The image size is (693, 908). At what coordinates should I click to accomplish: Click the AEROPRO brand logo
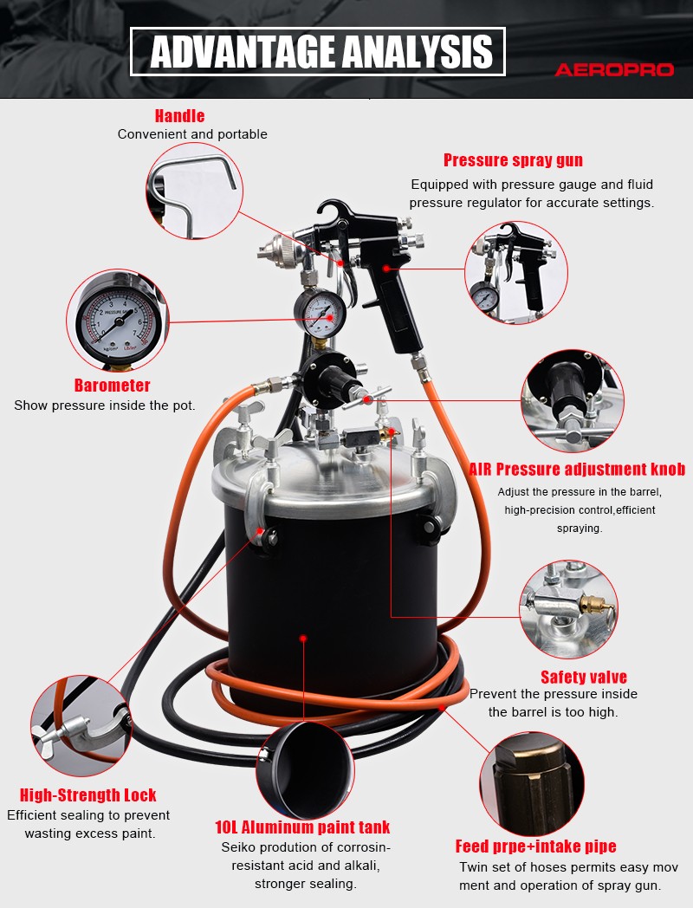(614, 70)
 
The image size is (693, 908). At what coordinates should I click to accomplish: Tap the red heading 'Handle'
(179, 116)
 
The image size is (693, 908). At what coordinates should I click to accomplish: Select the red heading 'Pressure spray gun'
(513, 160)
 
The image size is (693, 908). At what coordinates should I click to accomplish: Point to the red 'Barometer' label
(113, 385)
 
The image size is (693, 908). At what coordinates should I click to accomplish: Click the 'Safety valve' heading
(584, 677)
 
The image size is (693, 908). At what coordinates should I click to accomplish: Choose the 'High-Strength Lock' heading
(88, 794)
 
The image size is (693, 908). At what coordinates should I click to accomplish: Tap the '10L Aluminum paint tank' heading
(302, 827)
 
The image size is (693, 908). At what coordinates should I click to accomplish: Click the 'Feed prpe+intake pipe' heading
(535, 846)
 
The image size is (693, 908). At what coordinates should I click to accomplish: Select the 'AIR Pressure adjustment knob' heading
(577, 469)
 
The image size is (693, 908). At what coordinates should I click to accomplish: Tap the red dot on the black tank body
(303, 639)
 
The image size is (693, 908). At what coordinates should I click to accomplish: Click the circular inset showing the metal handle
(195, 191)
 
